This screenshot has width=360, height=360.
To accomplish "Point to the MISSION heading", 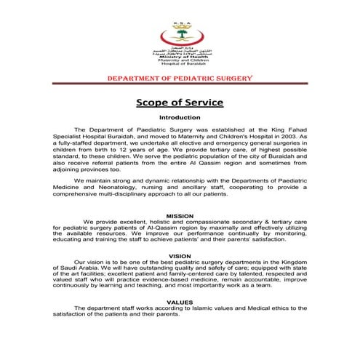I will pyautogui.click(x=180, y=216).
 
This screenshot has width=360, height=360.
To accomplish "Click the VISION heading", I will pyautogui.click(x=180, y=256).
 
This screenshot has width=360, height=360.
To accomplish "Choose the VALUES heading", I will pyautogui.click(x=180, y=302).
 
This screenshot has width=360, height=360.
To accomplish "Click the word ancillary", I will pyautogui.click(x=192, y=187).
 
